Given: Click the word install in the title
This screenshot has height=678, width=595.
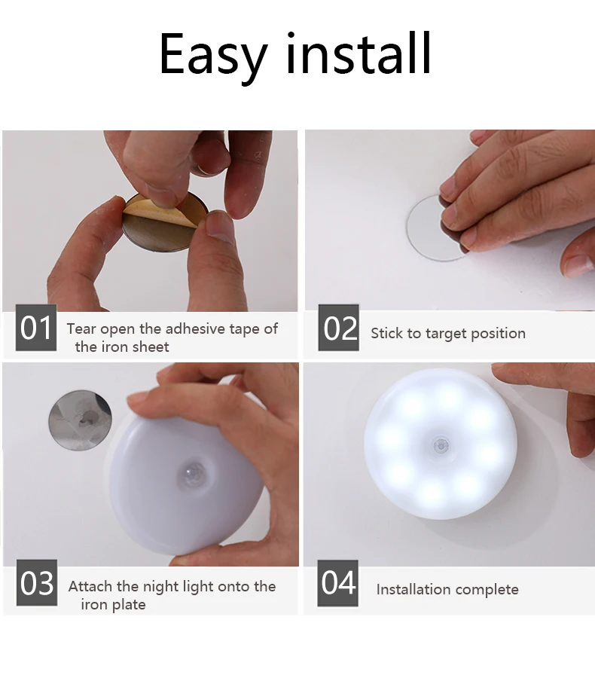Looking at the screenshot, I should (359, 53).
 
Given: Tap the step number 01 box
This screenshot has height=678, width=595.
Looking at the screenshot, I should (35, 328).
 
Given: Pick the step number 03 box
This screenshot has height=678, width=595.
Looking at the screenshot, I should (36, 584).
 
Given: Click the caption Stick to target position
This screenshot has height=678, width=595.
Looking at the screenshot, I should (447, 333).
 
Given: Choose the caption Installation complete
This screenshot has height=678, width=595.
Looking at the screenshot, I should (447, 589).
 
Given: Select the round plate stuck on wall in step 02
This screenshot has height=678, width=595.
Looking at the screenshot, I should (426, 227).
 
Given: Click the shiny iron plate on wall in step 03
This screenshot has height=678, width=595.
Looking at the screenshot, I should (79, 420).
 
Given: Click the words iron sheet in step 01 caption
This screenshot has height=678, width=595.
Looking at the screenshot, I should (121, 347).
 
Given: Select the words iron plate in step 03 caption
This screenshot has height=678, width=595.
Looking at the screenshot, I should (113, 604).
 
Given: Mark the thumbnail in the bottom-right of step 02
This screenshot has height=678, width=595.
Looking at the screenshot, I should (578, 264).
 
